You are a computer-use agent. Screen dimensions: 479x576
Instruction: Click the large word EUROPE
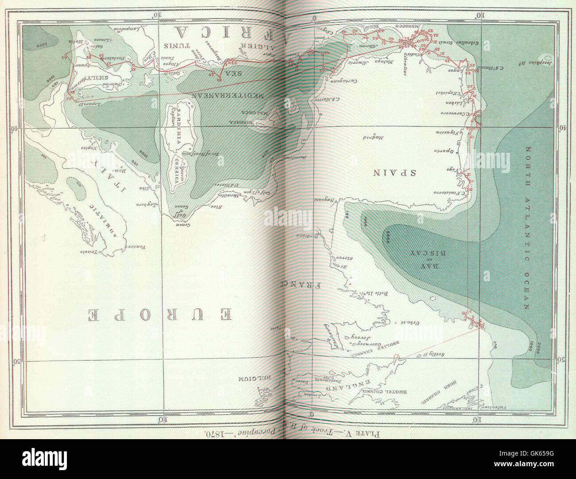(x=162, y=315)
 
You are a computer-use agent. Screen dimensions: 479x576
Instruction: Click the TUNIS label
(x=177, y=46)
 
